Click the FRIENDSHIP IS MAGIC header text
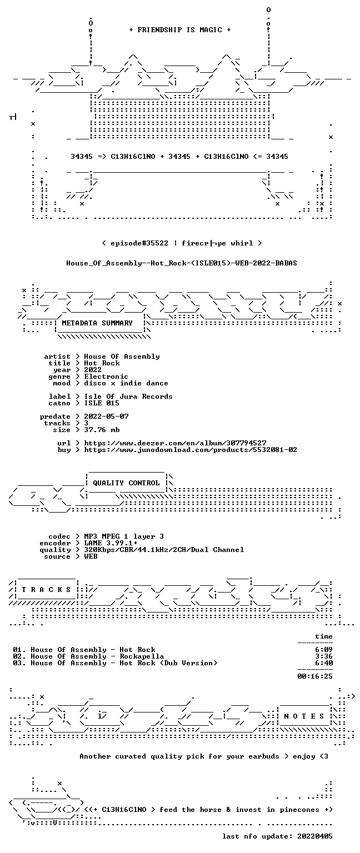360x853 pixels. (x=180, y=30)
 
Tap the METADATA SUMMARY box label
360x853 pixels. (x=97, y=323)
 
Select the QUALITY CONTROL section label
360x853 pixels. (x=126, y=483)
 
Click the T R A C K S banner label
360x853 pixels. (x=46, y=589)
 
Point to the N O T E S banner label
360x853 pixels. (x=304, y=716)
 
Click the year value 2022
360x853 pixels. (x=93, y=370)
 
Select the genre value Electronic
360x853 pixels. (x=106, y=377)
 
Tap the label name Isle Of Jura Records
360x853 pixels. (x=128, y=397)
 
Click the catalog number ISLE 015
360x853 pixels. (x=102, y=403)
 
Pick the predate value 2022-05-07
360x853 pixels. (x=106, y=417)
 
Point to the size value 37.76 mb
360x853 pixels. (x=102, y=430)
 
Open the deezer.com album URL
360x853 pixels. (x=175, y=443)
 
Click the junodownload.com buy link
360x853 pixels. (x=191, y=450)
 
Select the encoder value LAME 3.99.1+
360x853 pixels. (x=111, y=543)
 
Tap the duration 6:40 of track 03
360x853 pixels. (x=324, y=663)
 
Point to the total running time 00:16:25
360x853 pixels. (x=315, y=676)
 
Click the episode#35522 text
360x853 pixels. (x=139, y=243)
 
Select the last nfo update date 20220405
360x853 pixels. (x=315, y=836)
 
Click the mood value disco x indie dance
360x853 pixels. (x=126, y=383)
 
